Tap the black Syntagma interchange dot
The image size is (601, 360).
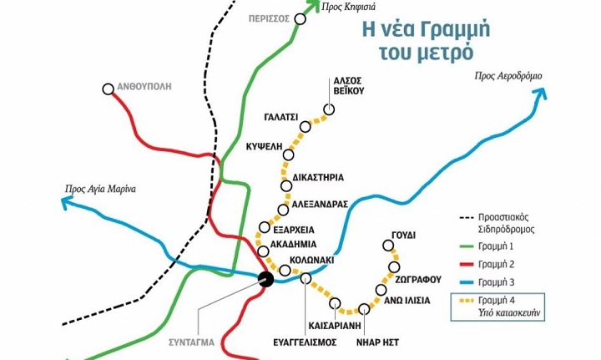pos(265,280)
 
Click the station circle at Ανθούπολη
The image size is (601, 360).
pos(108,89)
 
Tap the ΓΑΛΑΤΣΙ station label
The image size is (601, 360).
pos(280,118)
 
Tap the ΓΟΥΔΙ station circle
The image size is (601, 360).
pos(387,246)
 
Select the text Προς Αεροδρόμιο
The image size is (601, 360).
pos(508,76)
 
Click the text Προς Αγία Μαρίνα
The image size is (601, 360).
pos(99,188)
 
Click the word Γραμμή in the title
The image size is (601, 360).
pos(451,28)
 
